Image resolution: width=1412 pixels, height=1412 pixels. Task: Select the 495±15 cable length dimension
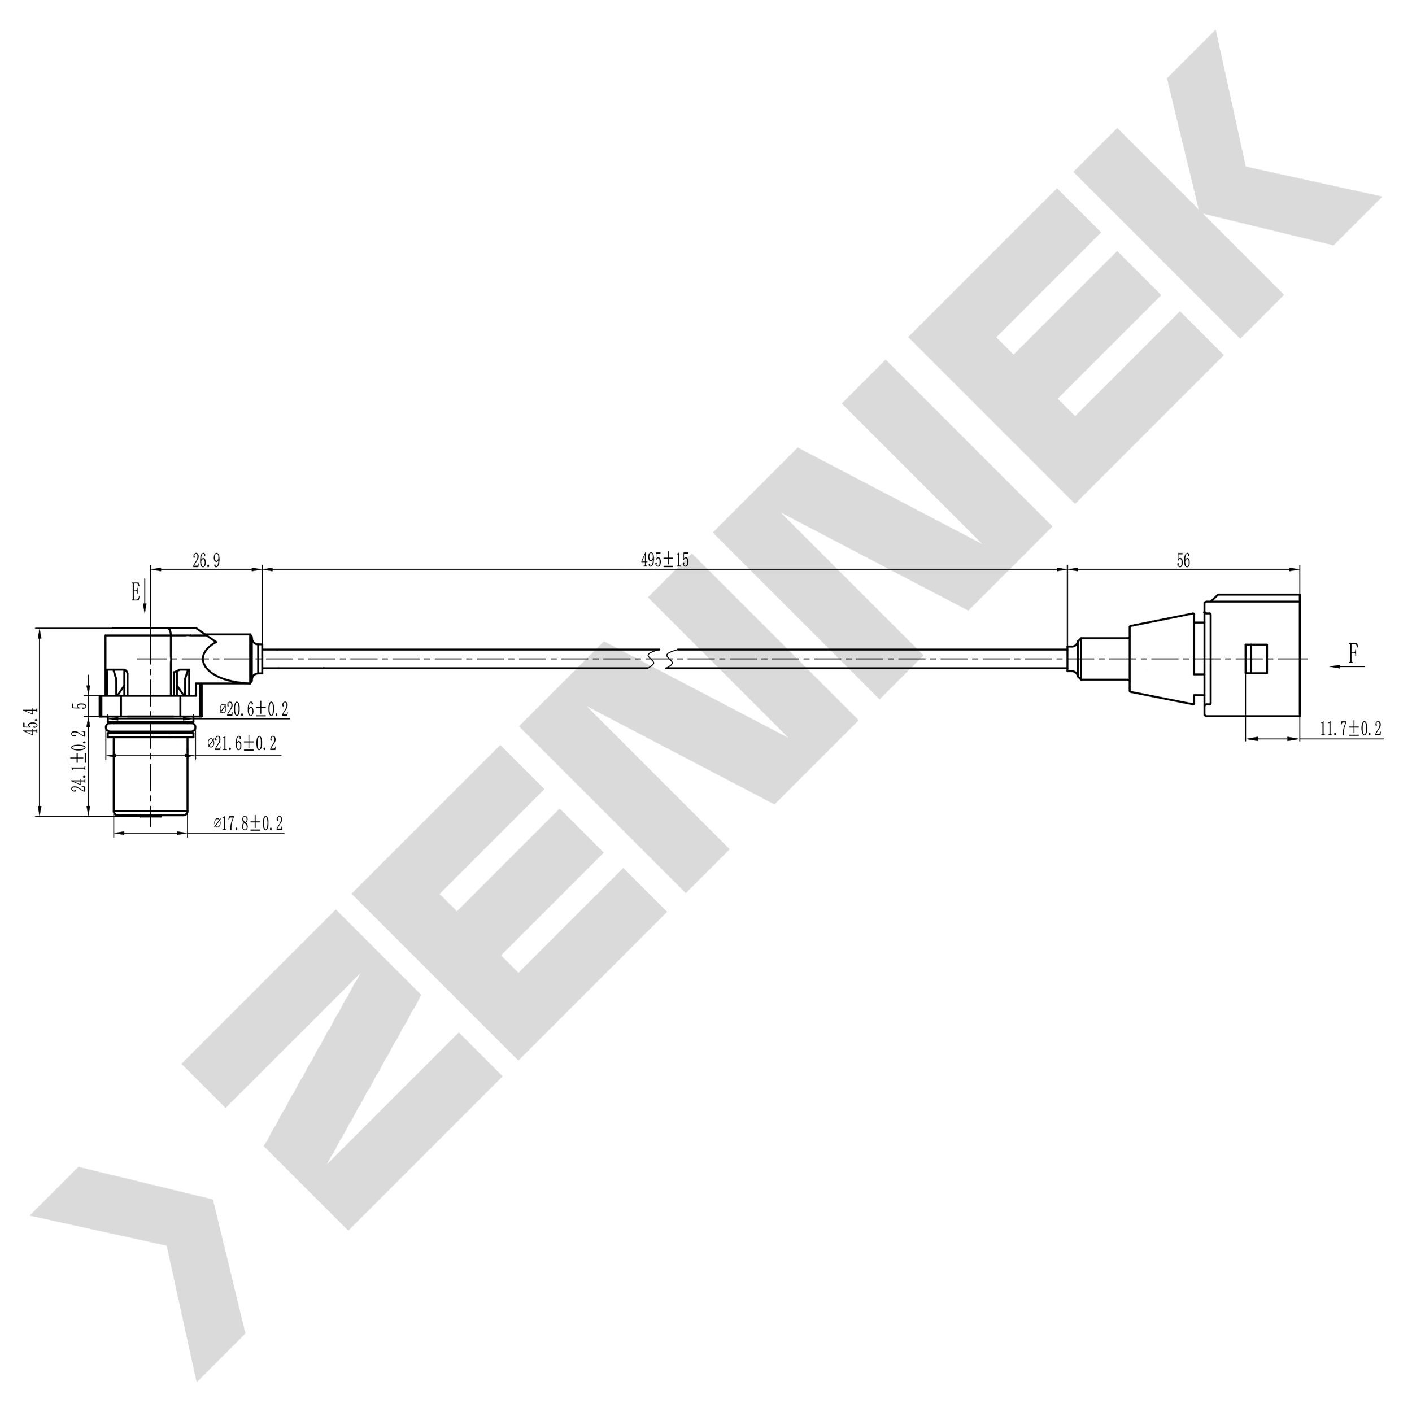664,560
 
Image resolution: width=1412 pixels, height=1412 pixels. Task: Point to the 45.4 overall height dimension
30,721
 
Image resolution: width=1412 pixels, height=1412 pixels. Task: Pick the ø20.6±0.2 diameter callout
254,709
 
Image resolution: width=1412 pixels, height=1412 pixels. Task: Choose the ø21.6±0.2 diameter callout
242,744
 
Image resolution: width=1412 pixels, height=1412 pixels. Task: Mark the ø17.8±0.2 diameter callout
249,823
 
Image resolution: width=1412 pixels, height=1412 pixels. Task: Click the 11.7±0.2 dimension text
1350,729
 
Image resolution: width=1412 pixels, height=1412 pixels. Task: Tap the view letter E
135,592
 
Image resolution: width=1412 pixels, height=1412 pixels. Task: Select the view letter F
1353,653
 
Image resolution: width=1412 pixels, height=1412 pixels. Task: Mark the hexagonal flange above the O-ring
151,706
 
